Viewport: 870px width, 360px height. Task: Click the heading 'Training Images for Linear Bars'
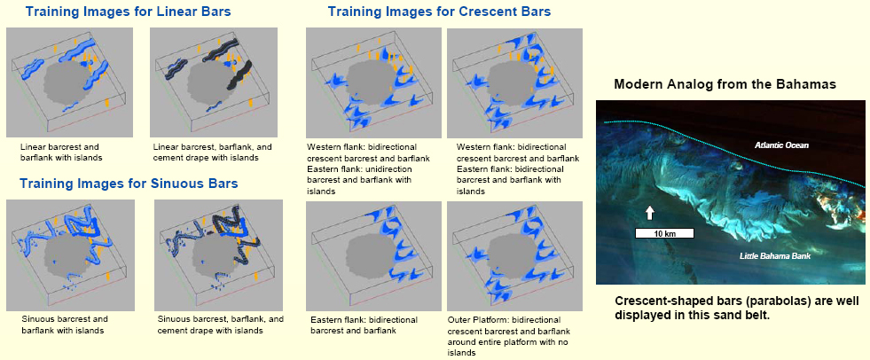(129, 12)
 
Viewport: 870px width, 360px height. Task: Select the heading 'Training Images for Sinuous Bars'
(129, 183)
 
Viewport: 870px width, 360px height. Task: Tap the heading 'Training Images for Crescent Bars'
(440, 12)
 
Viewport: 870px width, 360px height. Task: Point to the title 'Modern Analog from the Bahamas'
(725, 85)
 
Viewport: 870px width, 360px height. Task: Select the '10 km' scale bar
(664, 233)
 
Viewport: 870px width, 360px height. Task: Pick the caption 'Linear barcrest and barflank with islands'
(61, 153)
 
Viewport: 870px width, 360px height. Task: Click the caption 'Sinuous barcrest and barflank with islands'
(65, 325)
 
